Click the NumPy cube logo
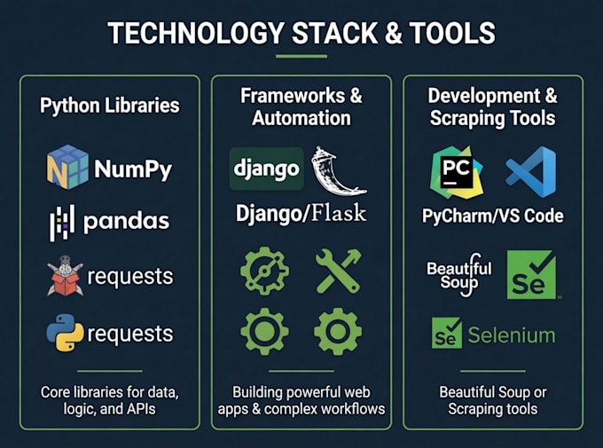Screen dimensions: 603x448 pyautogui.click(x=67, y=167)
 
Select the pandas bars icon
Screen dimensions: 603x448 pyautogui.click(x=62, y=223)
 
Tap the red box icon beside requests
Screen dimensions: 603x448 pyautogui.click(x=65, y=276)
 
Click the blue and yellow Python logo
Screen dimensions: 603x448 pyautogui.click(x=65, y=333)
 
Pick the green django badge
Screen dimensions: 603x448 pyautogui.click(x=267, y=169)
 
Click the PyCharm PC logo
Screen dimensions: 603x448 pyautogui.click(x=457, y=172)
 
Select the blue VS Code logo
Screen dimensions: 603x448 pyautogui.click(x=531, y=171)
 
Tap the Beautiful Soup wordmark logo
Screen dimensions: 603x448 pyautogui.click(x=459, y=275)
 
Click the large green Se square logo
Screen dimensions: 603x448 pyautogui.click(x=531, y=274)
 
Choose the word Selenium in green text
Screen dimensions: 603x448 pyautogui.click(x=512, y=335)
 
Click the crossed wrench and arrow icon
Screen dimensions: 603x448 pyautogui.click(x=338, y=271)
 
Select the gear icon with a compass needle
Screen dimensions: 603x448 pyautogui.click(x=264, y=271)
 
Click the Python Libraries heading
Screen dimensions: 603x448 pyautogui.click(x=110, y=106)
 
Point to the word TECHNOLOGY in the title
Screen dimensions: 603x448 pyautogui.click(x=196, y=33)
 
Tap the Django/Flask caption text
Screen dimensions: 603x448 pyautogui.click(x=301, y=213)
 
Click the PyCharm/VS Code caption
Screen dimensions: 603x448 pyautogui.click(x=493, y=216)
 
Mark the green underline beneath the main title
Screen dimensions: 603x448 pyautogui.click(x=301, y=56)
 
